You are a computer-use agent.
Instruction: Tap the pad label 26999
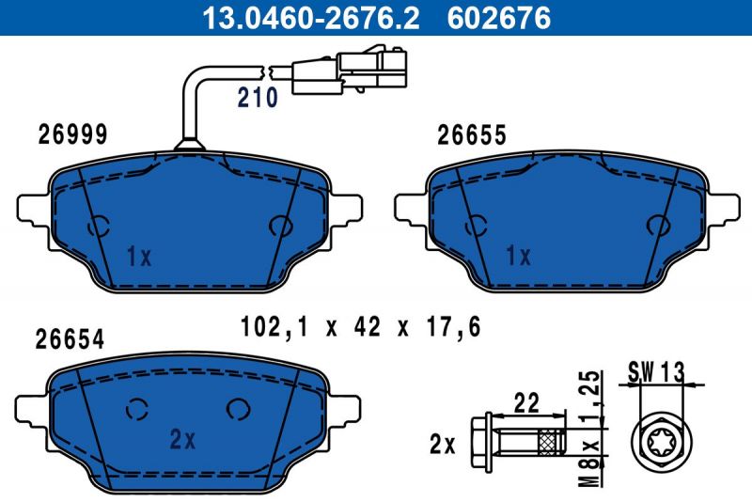coord(72,134)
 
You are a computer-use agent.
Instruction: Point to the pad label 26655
coord(472,135)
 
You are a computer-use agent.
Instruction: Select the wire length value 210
coord(257,97)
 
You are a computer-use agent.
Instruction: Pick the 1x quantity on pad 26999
coord(138,256)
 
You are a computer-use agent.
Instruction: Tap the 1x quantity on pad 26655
coord(518,256)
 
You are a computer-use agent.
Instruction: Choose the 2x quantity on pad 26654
coord(181,438)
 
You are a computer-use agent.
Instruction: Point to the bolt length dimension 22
coord(525,402)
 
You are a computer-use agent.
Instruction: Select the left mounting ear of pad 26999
coord(28,207)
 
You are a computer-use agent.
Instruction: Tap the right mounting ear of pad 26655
coord(724,208)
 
